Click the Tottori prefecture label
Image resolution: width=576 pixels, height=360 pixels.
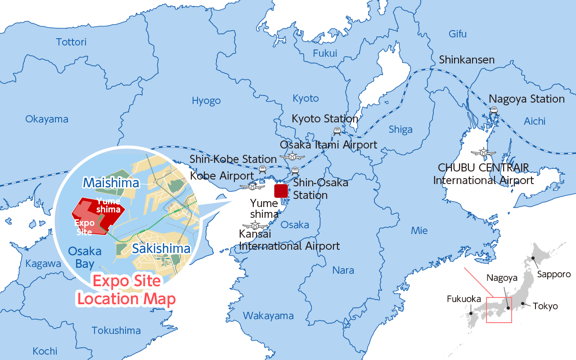(x=71, y=42)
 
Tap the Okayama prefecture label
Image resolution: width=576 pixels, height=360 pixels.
(x=47, y=119)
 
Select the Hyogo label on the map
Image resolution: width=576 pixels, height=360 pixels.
(x=206, y=101)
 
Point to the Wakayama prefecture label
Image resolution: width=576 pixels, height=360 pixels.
(x=268, y=316)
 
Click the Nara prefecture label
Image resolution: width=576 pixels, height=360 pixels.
(x=343, y=270)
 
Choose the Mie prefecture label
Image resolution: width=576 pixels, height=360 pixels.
(x=419, y=231)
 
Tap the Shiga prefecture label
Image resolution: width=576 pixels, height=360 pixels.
(x=400, y=130)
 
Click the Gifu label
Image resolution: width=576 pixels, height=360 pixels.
(x=458, y=34)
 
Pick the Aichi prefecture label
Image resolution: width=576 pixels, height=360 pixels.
(x=535, y=121)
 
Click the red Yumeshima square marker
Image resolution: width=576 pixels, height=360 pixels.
(x=281, y=191)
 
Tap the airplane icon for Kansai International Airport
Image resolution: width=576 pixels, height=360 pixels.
(x=255, y=225)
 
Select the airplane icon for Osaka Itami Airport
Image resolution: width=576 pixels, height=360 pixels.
(x=292, y=157)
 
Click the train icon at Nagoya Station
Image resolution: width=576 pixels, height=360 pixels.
(x=494, y=109)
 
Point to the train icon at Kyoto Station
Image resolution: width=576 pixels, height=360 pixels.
(x=337, y=130)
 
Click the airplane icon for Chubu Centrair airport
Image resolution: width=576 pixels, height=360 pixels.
(x=483, y=152)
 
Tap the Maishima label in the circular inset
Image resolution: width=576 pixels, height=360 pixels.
(x=111, y=183)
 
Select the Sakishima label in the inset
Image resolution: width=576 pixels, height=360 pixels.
(x=161, y=249)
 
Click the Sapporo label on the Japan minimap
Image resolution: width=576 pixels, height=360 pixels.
(x=554, y=274)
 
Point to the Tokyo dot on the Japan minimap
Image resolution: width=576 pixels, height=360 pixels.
(x=522, y=303)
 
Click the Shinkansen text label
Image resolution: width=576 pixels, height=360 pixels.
(x=467, y=60)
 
